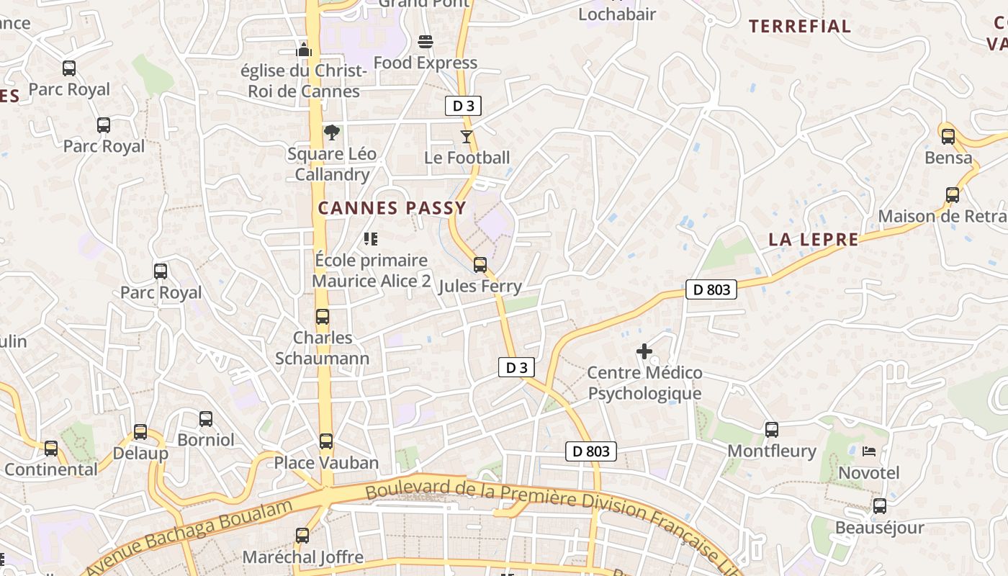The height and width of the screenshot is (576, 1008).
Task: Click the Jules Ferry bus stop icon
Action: [480, 264]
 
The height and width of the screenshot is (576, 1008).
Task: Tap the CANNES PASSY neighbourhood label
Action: [392, 208]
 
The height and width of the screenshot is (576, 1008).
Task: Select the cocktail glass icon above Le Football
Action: [467, 136]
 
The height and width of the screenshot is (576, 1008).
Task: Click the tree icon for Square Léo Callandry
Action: [332, 132]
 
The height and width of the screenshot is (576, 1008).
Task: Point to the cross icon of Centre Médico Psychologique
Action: [644, 351]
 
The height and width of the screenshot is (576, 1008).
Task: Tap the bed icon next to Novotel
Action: [869, 451]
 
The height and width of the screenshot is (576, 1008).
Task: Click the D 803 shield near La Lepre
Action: [711, 289]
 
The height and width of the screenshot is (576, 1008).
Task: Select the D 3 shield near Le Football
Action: [462, 106]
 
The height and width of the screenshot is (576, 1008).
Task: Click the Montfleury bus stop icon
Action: [772, 430]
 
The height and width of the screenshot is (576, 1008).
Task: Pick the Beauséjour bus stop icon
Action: [880, 506]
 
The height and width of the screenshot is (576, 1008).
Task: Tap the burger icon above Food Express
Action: [426, 41]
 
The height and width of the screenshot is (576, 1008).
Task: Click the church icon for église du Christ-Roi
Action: [304, 50]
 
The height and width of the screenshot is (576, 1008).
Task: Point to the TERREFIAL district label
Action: [799, 27]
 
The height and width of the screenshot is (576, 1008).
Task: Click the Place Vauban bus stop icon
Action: [326, 441]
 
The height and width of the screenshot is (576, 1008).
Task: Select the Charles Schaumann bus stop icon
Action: [323, 316]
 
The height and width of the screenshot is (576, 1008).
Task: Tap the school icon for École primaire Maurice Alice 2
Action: [371, 238]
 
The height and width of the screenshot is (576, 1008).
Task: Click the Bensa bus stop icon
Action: [948, 136]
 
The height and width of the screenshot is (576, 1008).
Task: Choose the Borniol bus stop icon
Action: [206, 418]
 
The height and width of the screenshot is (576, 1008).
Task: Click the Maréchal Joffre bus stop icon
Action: [302, 536]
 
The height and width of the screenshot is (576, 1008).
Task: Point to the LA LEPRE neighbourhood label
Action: [814, 240]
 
